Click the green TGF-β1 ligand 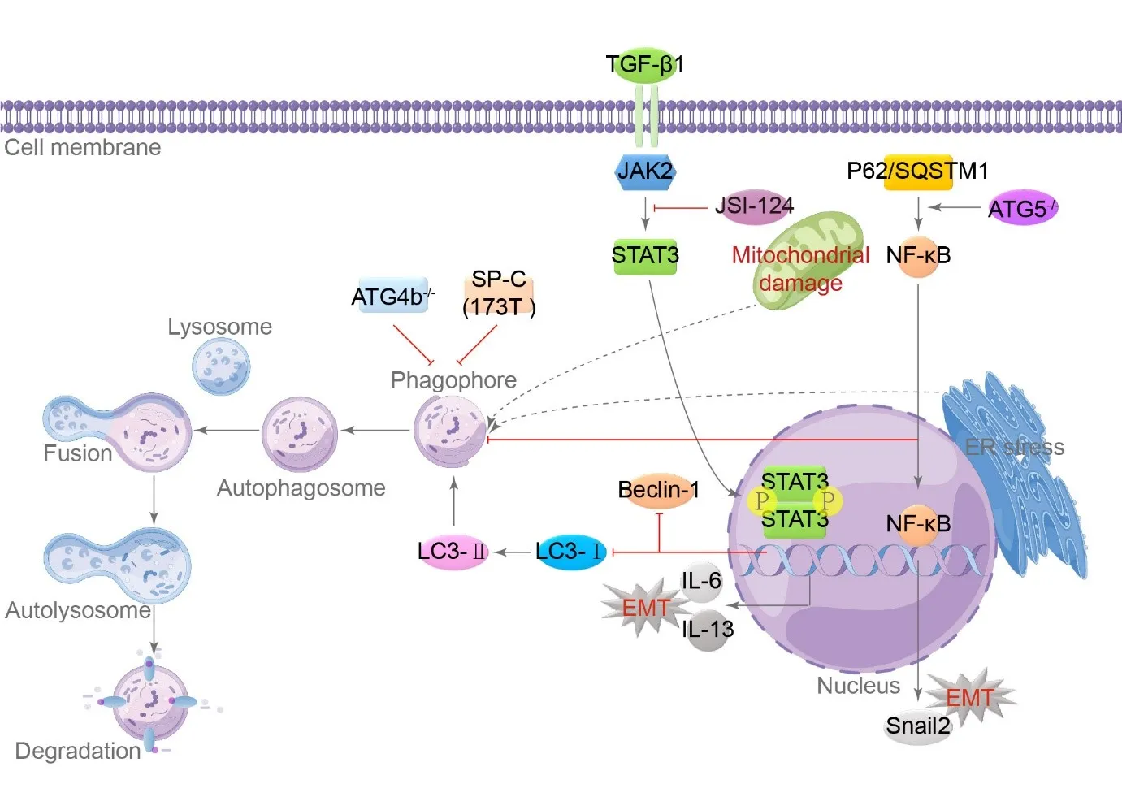click(x=644, y=64)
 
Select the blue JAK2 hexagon click(x=645, y=171)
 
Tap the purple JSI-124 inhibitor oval click(x=754, y=206)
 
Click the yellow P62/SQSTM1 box click(x=917, y=171)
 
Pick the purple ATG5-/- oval click(x=1022, y=209)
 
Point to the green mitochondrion click(x=808, y=260)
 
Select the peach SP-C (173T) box click(x=499, y=293)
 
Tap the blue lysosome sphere click(x=221, y=366)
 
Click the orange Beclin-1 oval click(x=658, y=490)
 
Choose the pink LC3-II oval click(x=453, y=552)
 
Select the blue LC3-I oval click(x=570, y=552)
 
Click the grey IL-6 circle click(x=700, y=581)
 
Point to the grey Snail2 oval click(x=917, y=726)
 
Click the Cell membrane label click(x=83, y=148)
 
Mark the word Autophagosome click(x=301, y=488)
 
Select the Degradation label click(x=78, y=752)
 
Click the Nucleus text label click(x=858, y=687)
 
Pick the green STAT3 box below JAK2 click(x=645, y=256)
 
